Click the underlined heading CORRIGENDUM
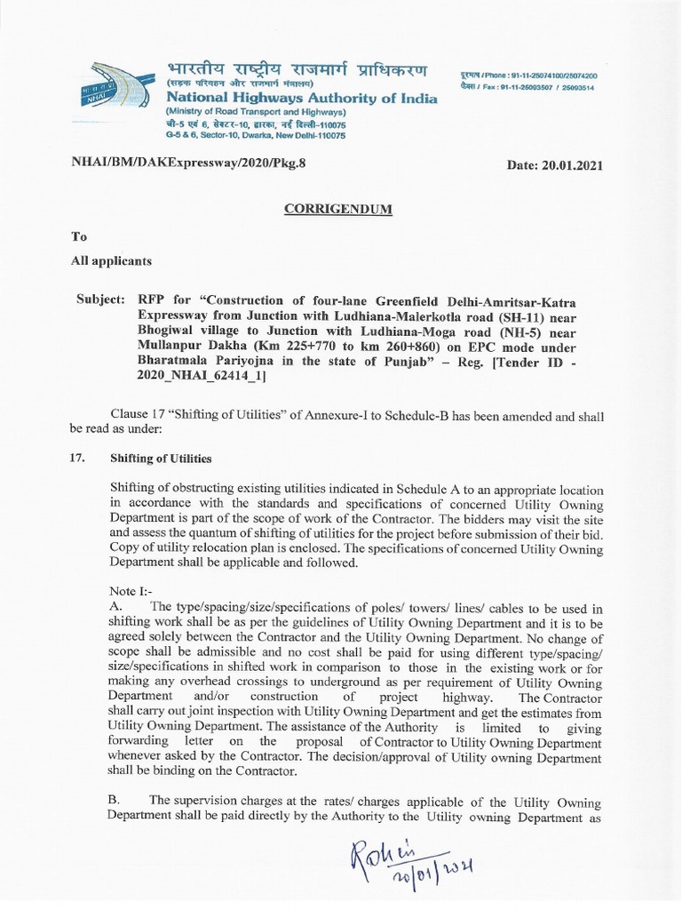(337, 210)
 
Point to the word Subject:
(102, 300)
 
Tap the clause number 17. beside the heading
(76, 459)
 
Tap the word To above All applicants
(80, 237)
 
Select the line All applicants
(111, 261)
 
